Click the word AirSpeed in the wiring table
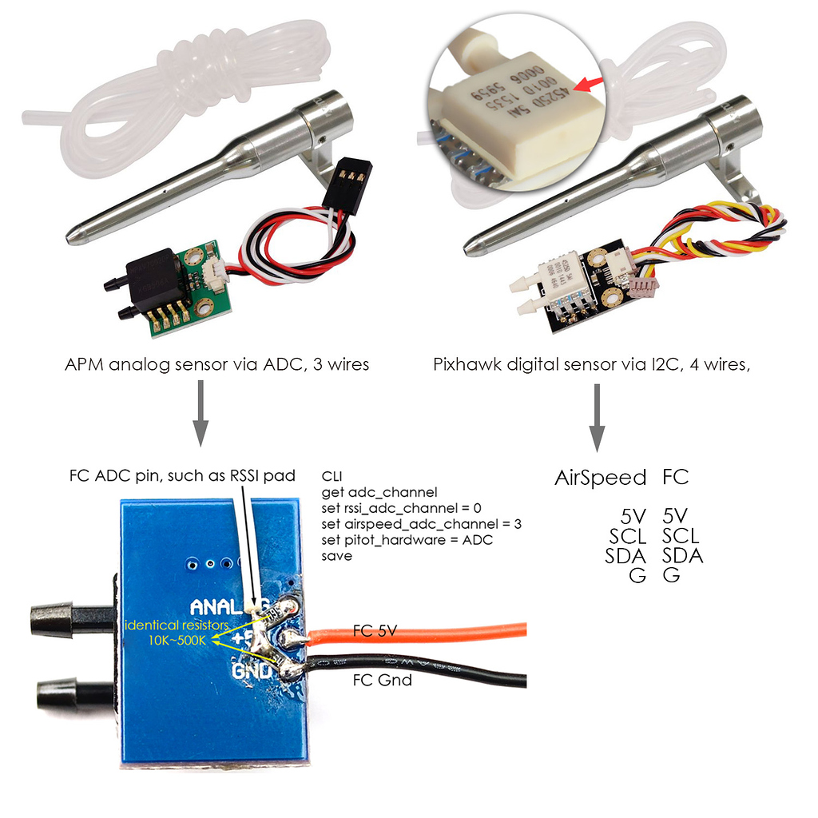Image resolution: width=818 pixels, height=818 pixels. click(600, 478)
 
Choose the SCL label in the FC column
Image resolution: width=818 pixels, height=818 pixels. click(681, 535)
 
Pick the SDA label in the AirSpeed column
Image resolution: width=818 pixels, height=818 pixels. click(627, 555)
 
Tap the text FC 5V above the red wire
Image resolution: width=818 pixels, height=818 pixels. click(375, 631)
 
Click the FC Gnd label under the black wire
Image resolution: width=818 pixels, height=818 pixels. click(382, 680)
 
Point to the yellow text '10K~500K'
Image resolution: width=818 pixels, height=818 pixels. click(177, 640)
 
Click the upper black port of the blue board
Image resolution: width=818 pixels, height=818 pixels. click(65, 616)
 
